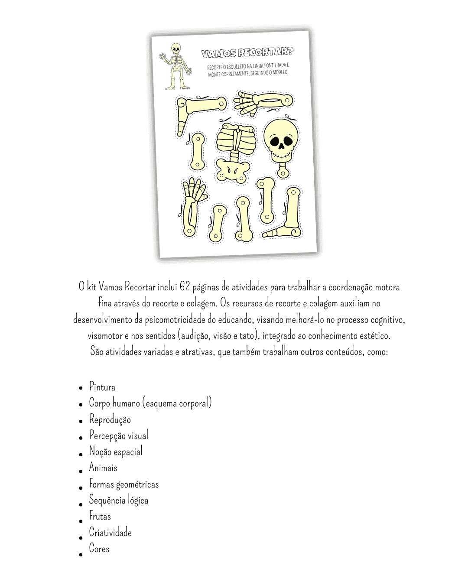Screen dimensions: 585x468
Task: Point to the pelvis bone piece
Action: (233, 171)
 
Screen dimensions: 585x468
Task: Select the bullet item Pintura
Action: (102, 387)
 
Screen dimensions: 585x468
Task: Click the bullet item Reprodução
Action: (110, 419)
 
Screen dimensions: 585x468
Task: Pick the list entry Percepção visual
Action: (119, 435)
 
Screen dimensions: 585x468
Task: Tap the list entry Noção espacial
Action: (116, 452)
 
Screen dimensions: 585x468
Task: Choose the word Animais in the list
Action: (103, 468)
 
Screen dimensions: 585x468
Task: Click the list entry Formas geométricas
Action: (124, 484)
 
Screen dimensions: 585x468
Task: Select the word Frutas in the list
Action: (100, 516)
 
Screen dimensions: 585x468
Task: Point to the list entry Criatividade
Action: (110, 533)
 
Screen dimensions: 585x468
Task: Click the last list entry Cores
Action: (99, 549)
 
